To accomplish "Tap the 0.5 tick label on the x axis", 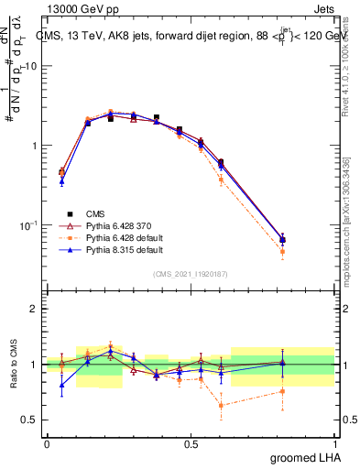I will pyautogui.click(x=191, y=443).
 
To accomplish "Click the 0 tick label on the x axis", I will pyautogui.click(x=47, y=443).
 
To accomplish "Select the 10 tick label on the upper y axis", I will pyautogui.click(x=33, y=66).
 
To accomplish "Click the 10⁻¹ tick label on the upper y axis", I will pyautogui.click(x=30, y=225).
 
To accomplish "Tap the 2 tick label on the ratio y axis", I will pyautogui.click(x=34, y=309).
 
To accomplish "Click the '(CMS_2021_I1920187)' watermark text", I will pyautogui.click(x=191, y=273).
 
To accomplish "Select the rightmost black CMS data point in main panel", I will pyautogui.click(x=308, y=240).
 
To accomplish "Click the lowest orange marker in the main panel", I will pyautogui.click(x=308, y=251).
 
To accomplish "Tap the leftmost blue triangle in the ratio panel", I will pyautogui.click(x=61, y=385).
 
